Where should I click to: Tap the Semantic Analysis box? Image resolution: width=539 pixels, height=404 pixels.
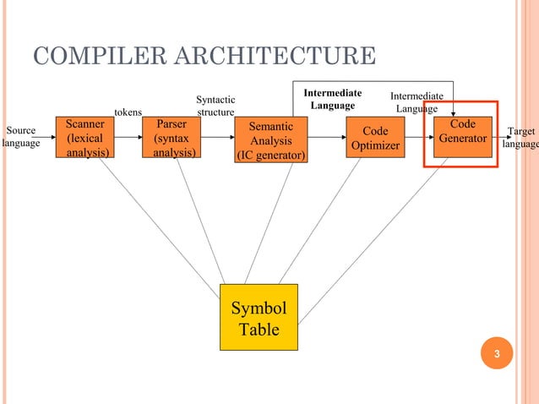[271, 140]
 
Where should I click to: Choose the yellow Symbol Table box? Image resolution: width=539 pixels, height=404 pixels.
[259, 318]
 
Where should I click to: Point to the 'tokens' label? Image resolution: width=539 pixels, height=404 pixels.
[128, 112]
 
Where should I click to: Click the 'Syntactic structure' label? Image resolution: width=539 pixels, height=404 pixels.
[215, 106]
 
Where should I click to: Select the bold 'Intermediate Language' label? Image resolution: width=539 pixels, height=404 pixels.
[333, 99]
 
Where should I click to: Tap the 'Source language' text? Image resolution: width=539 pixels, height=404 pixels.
[20, 138]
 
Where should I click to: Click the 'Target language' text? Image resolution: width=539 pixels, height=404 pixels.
[520, 138]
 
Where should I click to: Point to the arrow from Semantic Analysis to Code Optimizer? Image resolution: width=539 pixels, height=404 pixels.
[328, 137]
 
